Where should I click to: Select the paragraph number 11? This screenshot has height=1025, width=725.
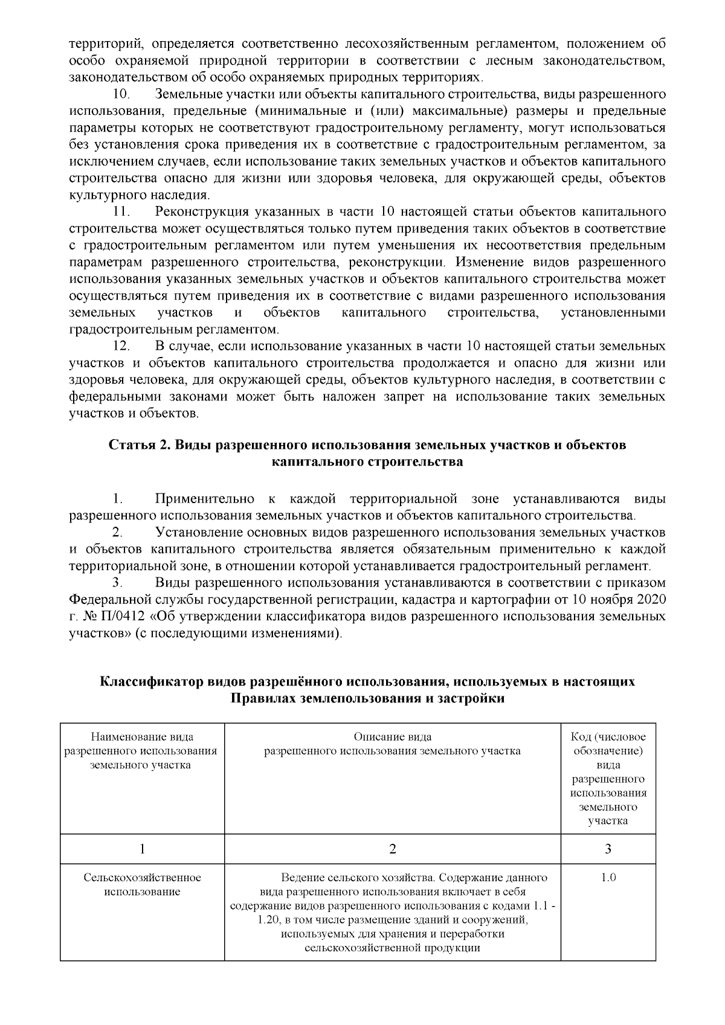(122, 212)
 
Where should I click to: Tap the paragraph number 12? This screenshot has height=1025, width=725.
(122, 347)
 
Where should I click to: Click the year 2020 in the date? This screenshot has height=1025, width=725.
(652, 600)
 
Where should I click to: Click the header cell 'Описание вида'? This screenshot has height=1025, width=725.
(392, 737)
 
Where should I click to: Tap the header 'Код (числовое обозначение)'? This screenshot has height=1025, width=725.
(608, 744)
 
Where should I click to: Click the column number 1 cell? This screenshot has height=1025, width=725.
(142, 849)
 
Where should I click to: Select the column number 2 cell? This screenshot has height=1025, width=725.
(392, 849)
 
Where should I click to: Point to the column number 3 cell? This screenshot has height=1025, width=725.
(608, 849)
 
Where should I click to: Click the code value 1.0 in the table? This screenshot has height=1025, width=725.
(608, 878)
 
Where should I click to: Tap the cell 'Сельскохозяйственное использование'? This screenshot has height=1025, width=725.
(142, 884)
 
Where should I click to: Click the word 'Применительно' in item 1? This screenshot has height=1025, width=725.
(205, 499)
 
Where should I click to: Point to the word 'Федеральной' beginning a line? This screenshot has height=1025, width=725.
(108, 600)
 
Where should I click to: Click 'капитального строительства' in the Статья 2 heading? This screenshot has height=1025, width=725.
(367, 462)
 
